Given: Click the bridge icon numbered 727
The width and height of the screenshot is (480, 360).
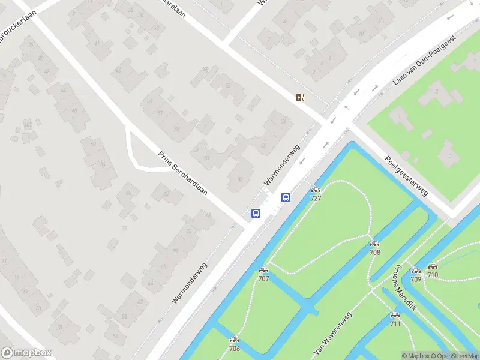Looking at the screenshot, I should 316,191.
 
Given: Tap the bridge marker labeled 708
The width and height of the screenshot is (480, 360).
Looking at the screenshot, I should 375,244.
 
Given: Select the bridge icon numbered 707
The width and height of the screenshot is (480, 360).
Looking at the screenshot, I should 263,271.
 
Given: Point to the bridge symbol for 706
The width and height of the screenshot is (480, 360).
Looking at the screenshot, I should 234,340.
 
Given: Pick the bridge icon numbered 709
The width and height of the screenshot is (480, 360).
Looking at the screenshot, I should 416,271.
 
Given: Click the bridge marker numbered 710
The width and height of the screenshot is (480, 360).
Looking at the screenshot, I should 433,267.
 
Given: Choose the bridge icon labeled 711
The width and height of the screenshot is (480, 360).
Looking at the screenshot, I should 395,316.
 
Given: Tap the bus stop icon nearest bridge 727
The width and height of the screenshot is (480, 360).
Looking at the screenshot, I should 286,197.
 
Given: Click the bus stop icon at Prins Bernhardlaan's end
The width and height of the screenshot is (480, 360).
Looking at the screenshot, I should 256,213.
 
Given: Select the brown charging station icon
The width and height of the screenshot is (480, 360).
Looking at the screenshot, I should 300,97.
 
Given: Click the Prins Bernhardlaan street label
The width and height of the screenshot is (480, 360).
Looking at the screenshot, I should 182,173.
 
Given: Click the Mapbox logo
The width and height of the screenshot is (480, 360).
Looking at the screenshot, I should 26,353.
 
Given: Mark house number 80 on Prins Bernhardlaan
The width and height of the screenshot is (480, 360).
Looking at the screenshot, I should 240,179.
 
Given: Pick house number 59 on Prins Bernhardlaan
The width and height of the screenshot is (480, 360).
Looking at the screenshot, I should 207,158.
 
